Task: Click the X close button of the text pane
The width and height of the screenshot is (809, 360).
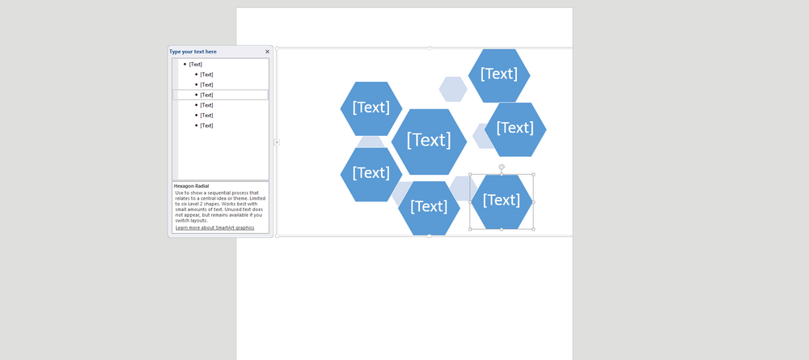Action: pyautogui.click(x=268, y=52)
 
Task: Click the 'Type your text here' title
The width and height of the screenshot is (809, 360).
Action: pyautogui.click(x=193, y=52)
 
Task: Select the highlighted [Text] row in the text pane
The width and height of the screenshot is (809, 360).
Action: pyautogui.click(x=207, y=95)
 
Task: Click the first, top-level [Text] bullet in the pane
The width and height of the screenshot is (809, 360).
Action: pyautogui.click(x=196, y=64)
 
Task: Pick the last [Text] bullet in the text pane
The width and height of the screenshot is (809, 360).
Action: pyautogui.click(x=207, y=125)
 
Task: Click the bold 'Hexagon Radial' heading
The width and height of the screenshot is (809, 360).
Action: pyautogui.click(x=192, y=186)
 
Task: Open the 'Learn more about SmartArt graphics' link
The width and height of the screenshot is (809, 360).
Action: pyautogui.click(x=214, y=228)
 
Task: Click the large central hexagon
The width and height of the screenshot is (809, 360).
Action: pyautogui.click(x=429, y=141)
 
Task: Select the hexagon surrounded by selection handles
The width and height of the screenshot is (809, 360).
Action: pyautogui.click(x=502, y=201)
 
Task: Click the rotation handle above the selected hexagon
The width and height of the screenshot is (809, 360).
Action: pyautogui.click(x=502, y=167)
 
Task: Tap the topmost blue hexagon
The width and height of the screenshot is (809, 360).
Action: pyautogui.click(x=499, y=74)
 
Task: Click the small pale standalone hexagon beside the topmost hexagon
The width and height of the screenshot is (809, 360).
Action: pyautogui.click(x=453, y=89)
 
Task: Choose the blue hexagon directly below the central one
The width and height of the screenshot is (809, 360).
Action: pyautogui.click(x=429, y=207)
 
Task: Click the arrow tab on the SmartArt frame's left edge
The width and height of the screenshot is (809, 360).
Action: pyautogui.click(x=277, y=142)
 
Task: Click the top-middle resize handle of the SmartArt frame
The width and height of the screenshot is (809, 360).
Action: pyautogui.click(x=429, y=49)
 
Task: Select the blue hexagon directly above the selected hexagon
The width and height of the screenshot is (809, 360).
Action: pyautogui.click(x=515, y=129)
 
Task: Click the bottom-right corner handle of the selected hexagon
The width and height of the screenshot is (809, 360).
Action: pyautogui.click(x=533, y=229)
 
